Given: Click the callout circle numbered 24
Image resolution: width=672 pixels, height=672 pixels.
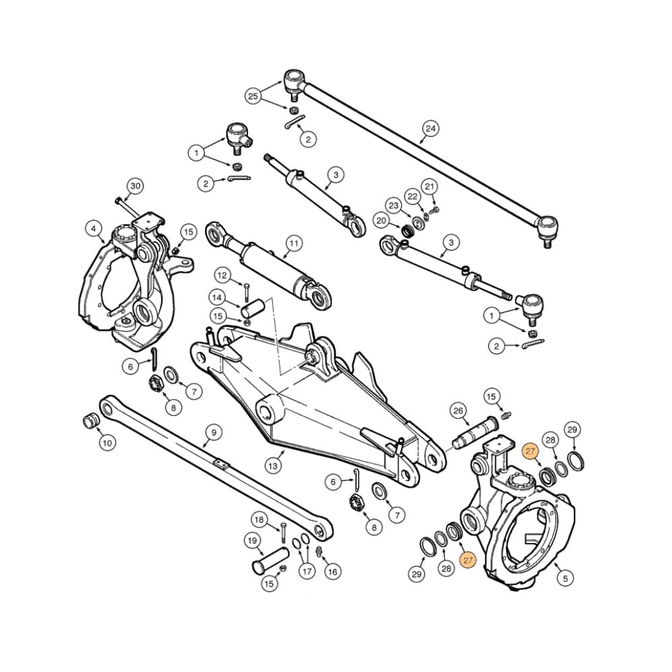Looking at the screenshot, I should click(x=431, y=128).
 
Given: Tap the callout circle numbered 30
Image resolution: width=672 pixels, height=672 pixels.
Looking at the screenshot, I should click(x=136, y=185).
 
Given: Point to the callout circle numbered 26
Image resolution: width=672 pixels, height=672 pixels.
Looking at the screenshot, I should click(x=458, y=411).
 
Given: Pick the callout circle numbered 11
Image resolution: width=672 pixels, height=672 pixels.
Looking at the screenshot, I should click(x=293, y=243).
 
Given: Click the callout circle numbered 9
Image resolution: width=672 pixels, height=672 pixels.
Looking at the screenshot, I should click(x=213, y=433).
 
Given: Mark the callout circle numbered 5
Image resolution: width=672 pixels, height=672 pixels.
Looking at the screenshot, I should click(x=564, y=577).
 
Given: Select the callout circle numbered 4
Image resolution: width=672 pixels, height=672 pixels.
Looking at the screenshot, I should click(x=94, y=228).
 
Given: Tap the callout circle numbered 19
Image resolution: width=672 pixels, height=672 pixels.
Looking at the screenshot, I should click(x=253, y=541).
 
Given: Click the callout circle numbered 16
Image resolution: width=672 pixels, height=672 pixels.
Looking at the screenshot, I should click(x=332, y=571).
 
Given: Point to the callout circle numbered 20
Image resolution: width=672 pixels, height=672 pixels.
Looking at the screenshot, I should click(x=382, y=221).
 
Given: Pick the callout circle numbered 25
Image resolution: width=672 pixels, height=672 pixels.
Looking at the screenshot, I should click(x=253, y=97).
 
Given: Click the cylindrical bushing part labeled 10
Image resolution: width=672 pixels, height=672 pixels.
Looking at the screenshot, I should click(x=89, y=421).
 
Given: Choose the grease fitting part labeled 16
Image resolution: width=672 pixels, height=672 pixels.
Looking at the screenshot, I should click(x=320, y=552).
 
